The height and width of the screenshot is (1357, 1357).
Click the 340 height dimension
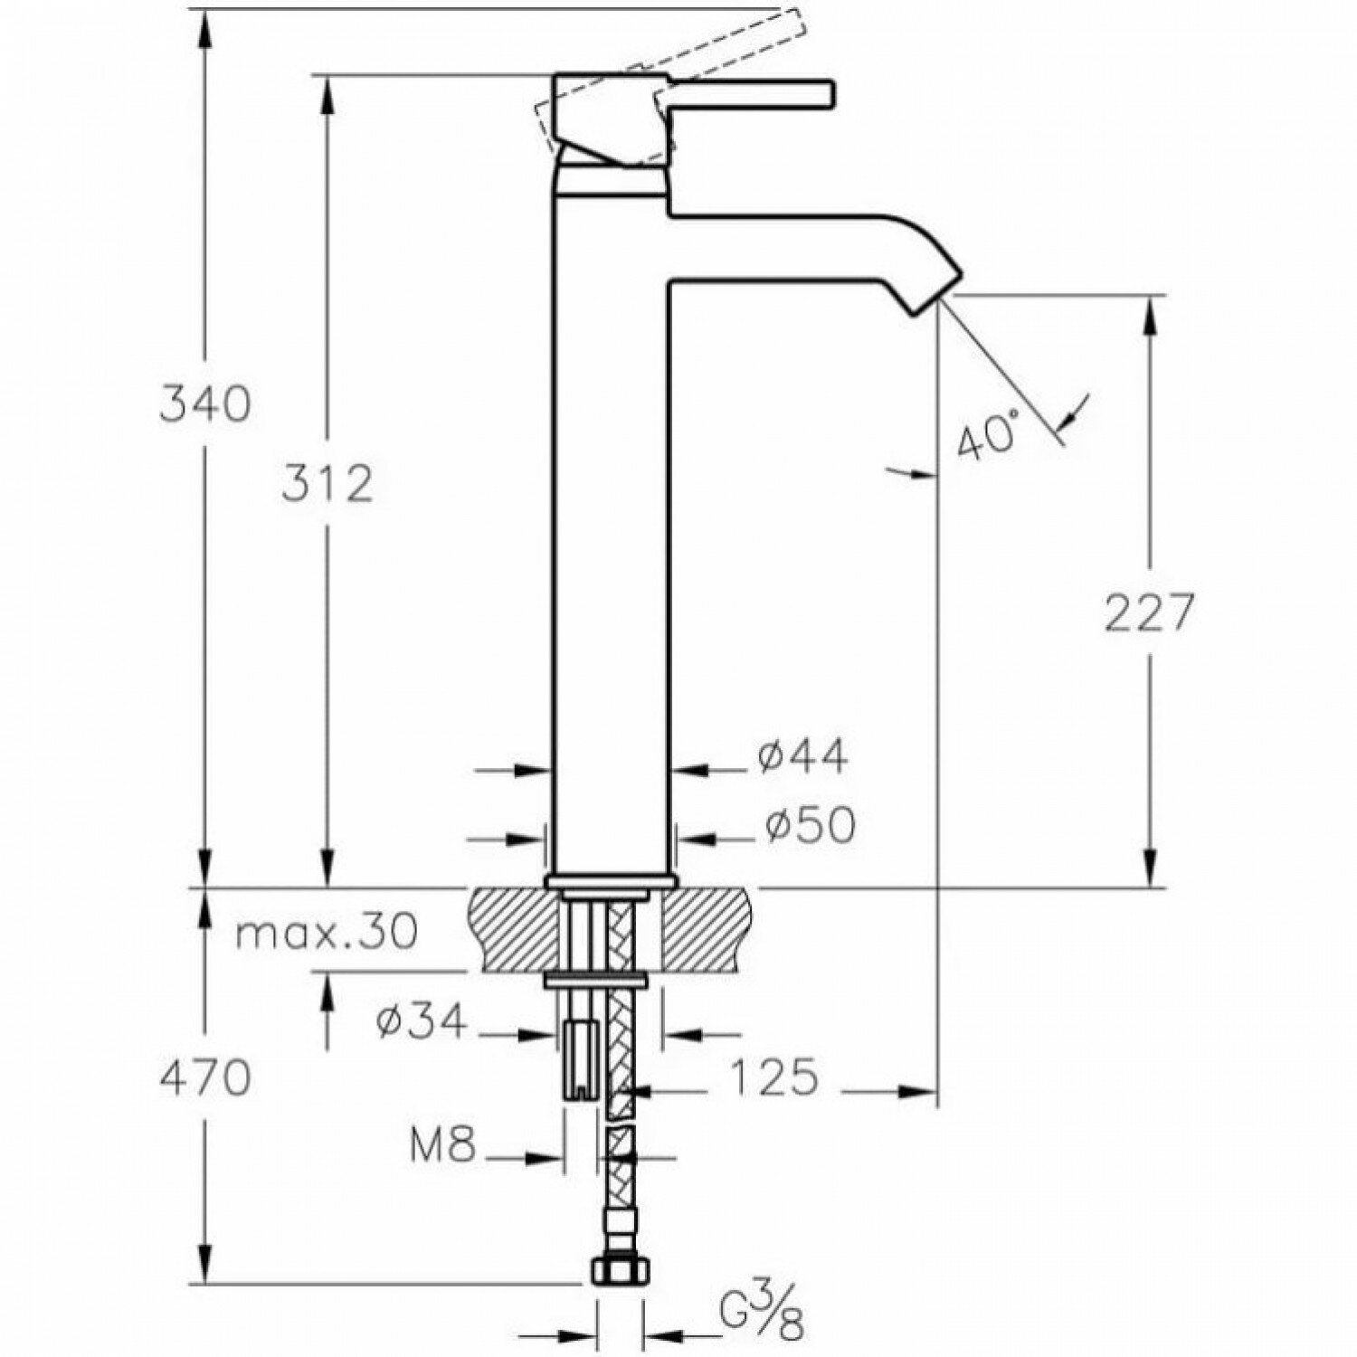pyautogui.click(x=204, y=403)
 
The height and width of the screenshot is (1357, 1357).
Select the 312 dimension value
pyautogui.click(x=327, y=485)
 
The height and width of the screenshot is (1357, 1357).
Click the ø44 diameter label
pyautogui.click(x=803, y=756)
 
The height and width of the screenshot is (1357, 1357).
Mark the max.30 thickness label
pyautogui.click(x=327, y=931)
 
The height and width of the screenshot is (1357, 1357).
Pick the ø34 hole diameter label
pyautogui.click(x=422, y=1023)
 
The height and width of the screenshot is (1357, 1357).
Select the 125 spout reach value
pyautogui.click(x=773, y=1077)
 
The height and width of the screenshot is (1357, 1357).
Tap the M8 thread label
pyautogui.click(x=442, y=1147)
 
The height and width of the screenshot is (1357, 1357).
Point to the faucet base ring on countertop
pyautogui.click(x=611, y=879)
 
